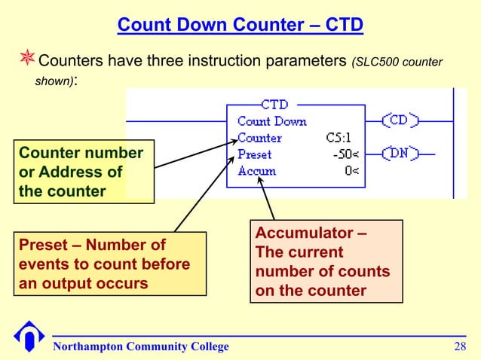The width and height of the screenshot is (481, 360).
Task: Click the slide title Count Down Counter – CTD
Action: click(x=240, y=27)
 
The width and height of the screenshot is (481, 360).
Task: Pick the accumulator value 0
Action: click(x=350, y=171)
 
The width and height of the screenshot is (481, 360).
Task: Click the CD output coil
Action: click(x=400, y=121)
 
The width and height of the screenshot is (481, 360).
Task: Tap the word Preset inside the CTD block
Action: click(x=254, y=154)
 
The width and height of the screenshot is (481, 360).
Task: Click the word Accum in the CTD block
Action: click(x=256, y=171)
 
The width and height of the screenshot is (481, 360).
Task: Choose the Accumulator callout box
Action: click(x=326, y=261)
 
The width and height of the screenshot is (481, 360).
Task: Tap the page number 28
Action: click(x=459, y=346)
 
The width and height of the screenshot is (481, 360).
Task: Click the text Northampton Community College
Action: click(x=141, y=346)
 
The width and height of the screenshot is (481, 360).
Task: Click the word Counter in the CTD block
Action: click(x=259, y=138)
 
